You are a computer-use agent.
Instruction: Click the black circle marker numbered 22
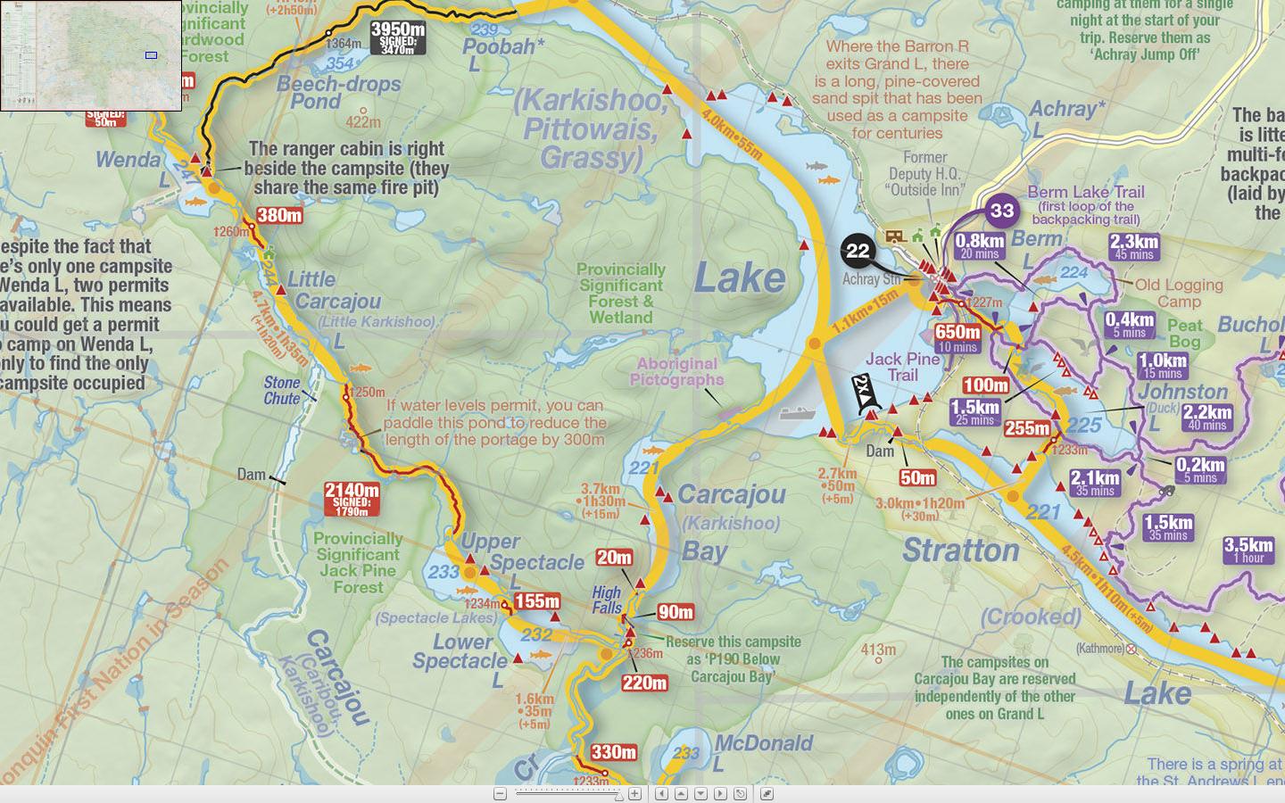[x=858, y=251]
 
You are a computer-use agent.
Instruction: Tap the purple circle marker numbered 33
[x=1002, y=211]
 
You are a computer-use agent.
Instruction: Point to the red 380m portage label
[x=279, y=215]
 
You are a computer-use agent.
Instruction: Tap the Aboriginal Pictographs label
[x=677, y=371]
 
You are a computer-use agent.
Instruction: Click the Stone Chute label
[x=282, y=390]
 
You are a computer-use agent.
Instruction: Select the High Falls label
[x=606, y=600]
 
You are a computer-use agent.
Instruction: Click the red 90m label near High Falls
[x=675, y=612]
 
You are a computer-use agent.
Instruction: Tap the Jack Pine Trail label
[x=902, y=367]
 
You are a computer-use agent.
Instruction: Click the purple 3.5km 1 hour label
[x=1248, y=551]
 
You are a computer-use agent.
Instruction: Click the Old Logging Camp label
[x=1179, y=293]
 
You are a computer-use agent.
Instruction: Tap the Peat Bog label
[x=1184, y=334]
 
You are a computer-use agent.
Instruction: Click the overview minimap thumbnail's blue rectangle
[x=151, y=55]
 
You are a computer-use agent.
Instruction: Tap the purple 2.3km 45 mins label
[x=1133, y=247]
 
